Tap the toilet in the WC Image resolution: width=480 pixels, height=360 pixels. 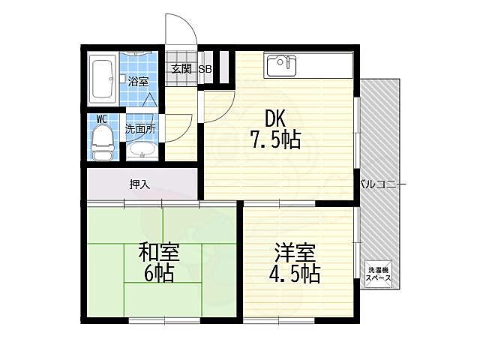click(103, 143)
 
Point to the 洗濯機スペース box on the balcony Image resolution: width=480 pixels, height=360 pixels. click(379, 274)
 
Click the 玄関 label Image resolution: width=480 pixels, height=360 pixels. click(181, 68)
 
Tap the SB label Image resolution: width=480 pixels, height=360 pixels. click(205, 69)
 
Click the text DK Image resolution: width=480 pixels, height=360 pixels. click(275, 119)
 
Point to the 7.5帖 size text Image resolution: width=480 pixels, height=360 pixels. click(276, 139)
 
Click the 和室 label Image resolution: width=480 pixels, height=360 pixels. click(159, 252)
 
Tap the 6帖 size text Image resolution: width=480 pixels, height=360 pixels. click(159, 273)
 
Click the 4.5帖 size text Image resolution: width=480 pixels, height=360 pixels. click(295, 273)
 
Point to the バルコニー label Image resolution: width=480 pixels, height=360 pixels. click(383, 184)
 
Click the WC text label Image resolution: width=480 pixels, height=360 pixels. click(102, 119)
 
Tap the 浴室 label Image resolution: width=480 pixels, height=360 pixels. click(138, 82)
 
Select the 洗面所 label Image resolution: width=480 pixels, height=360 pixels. click(140, 129)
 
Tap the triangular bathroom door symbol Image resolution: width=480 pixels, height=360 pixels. click(150, 100)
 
